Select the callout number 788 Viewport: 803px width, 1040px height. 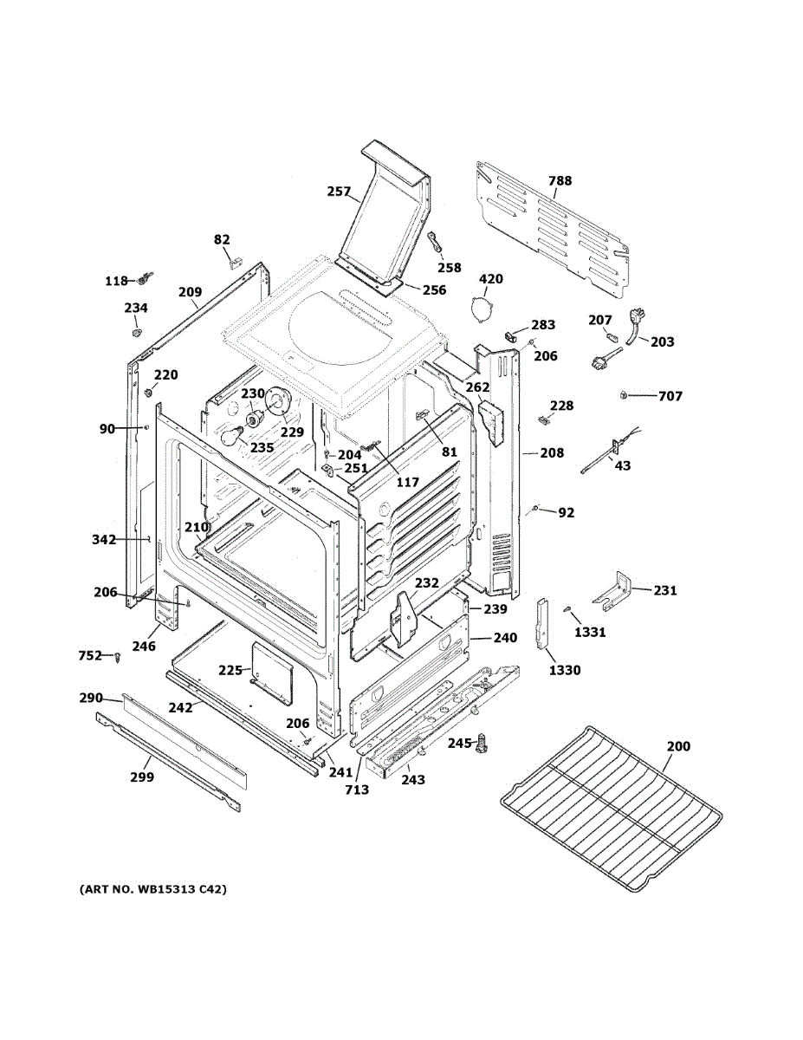(x=560, y=181)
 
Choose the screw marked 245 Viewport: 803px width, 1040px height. (x=483, y=741)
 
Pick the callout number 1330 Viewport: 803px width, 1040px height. (x=563, y=670)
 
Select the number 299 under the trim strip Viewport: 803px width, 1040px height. (x=142, y=777)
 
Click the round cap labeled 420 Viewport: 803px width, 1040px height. (x=478, y=307)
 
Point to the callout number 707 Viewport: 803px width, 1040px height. (x=670, y=397)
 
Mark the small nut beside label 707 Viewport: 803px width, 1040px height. (x=624, y=396)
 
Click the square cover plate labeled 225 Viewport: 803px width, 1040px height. (x=271, y=671)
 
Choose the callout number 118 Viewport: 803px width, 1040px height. (x=116, y=281)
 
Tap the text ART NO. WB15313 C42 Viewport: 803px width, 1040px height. (x=152, y=890)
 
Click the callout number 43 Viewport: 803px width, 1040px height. (x=623, y=466)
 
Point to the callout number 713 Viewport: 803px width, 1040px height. (x=356, y=790)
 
